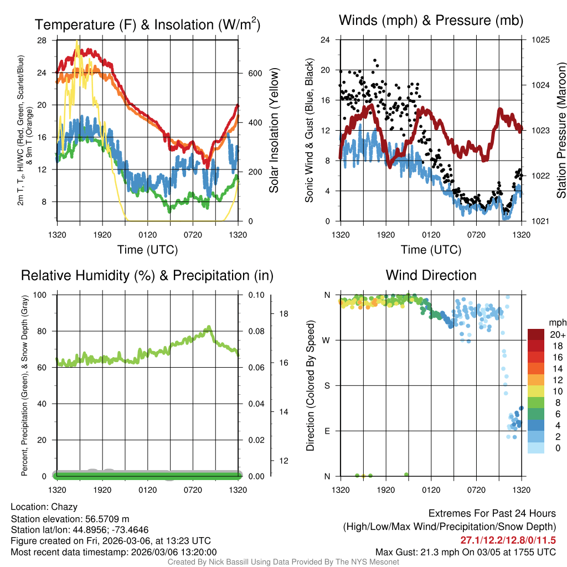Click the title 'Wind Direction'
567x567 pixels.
click(x=431, y=275)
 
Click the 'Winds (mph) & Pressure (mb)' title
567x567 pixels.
click(x=431, y=20)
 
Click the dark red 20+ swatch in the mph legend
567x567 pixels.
click(x=537, y=335)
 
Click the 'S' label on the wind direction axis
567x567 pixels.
click(x=327, y=385)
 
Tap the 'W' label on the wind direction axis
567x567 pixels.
click(x=327, y=340)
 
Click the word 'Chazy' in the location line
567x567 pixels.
click(x=64, y=507)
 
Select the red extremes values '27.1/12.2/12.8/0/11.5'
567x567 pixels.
click(x=508, y=540)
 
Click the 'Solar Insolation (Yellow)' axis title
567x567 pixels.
click(x=274, y=130)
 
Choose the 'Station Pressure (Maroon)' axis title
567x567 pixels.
click(x=561, y=130)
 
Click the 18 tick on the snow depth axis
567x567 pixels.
click(x=283, y=313)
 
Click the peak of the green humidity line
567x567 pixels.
click(x=209, y=327)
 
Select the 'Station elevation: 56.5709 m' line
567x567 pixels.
click(x=70, y=518)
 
